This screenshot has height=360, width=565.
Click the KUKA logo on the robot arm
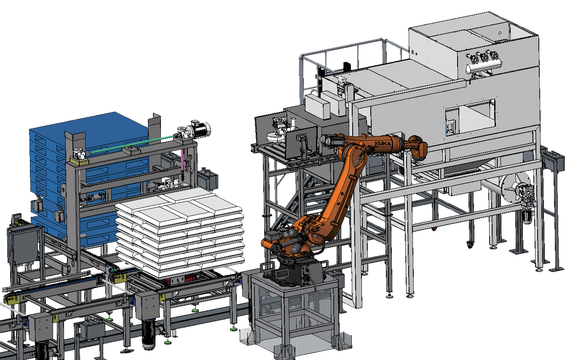383,143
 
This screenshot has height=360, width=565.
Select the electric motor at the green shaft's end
199,129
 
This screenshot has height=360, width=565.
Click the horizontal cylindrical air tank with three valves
483,66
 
